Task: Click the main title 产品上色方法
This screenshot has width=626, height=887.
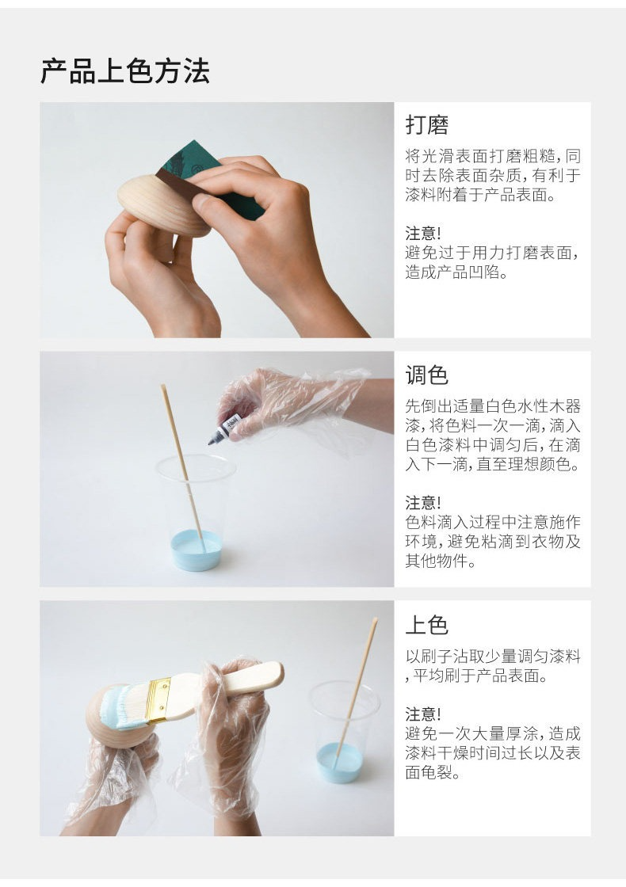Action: coord(125,71)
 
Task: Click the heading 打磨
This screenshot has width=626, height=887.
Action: coord(427,125)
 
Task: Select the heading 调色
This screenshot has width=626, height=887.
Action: coord(427,375)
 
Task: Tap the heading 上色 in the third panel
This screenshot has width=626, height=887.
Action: coord(427,625)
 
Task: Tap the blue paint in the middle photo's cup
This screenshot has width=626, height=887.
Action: coord(197,550)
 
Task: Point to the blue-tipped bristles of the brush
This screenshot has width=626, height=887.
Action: coord(124,708)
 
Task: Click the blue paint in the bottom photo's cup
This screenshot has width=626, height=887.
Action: coord(338,763)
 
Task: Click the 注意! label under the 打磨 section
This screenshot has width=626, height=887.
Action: coord(423,233)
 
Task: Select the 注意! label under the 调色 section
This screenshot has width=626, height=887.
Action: coord(423,502)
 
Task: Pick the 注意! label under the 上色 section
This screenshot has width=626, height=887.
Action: coord(423,714)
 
